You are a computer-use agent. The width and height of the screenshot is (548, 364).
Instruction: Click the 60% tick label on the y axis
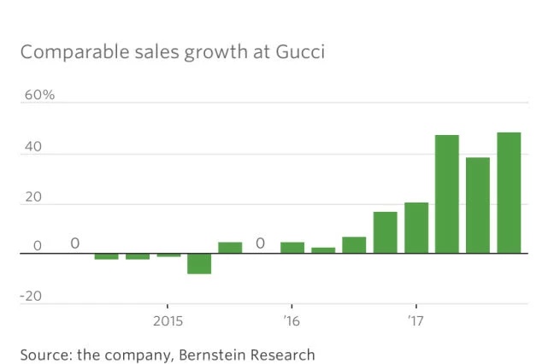[38, 94]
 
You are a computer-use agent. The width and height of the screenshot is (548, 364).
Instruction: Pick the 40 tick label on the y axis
[33, 147]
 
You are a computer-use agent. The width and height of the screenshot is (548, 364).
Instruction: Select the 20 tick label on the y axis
[33, 197]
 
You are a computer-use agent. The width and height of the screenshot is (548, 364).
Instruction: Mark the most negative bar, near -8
[199, 264]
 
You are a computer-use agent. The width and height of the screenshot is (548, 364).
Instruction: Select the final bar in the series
[509, 193]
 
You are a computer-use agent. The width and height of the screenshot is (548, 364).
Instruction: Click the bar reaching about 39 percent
[478, 205]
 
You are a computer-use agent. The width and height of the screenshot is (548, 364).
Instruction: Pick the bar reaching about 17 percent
[385, 232]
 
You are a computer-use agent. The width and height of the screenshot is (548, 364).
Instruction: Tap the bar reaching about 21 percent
[416, 228]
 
